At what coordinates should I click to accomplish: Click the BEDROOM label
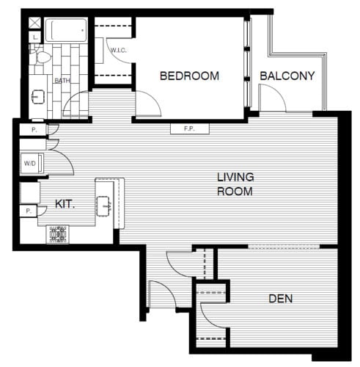pyautogui.click(x=190, y=76)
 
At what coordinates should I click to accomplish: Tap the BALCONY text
pyautogui.click(x=287, y=76)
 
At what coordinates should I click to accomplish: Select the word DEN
pyautogui.click(x=280, y=299)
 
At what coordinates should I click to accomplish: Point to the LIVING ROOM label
pyautogui.click(x=235, y=184)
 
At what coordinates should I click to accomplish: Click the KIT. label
pyautogui.click(x=65, y=205)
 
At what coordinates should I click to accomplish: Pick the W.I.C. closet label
pyautogui.click(x=120, y=51)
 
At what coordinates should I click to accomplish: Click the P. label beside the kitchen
pyautogui.click(x=28, y=211)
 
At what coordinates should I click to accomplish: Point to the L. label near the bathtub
pyautogui.click(x=35, y=34)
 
